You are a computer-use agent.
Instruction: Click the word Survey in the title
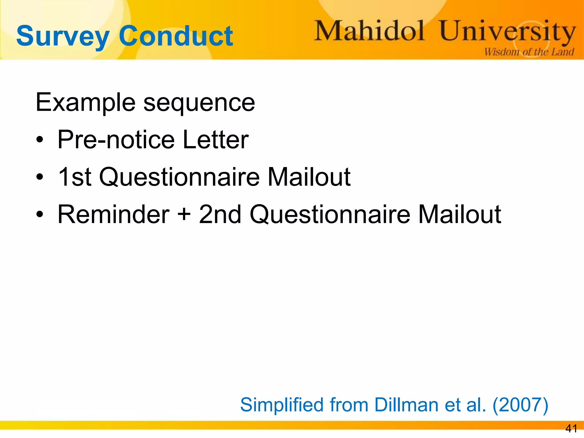(x=63, y=36)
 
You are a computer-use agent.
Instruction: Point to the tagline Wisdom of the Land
(x=529, y=52)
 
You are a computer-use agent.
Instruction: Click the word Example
(x=85, y=102)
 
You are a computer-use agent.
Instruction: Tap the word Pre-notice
(x=116, y=140)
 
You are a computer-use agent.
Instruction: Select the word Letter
(x=216, y=140)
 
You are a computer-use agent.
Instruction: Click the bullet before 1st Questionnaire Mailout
(x=40, y=177)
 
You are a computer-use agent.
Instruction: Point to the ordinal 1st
(x=74, y=177)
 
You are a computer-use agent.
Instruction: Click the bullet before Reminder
(x=40, y=214)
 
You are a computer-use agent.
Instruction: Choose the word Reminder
(x=113, y=214)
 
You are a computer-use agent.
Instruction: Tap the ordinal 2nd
(x=220, y=214)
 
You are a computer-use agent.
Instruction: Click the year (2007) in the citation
(x=520, y=405)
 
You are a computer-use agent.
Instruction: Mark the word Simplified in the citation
(x=282, y=405)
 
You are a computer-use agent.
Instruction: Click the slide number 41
(x=571, y=428)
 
